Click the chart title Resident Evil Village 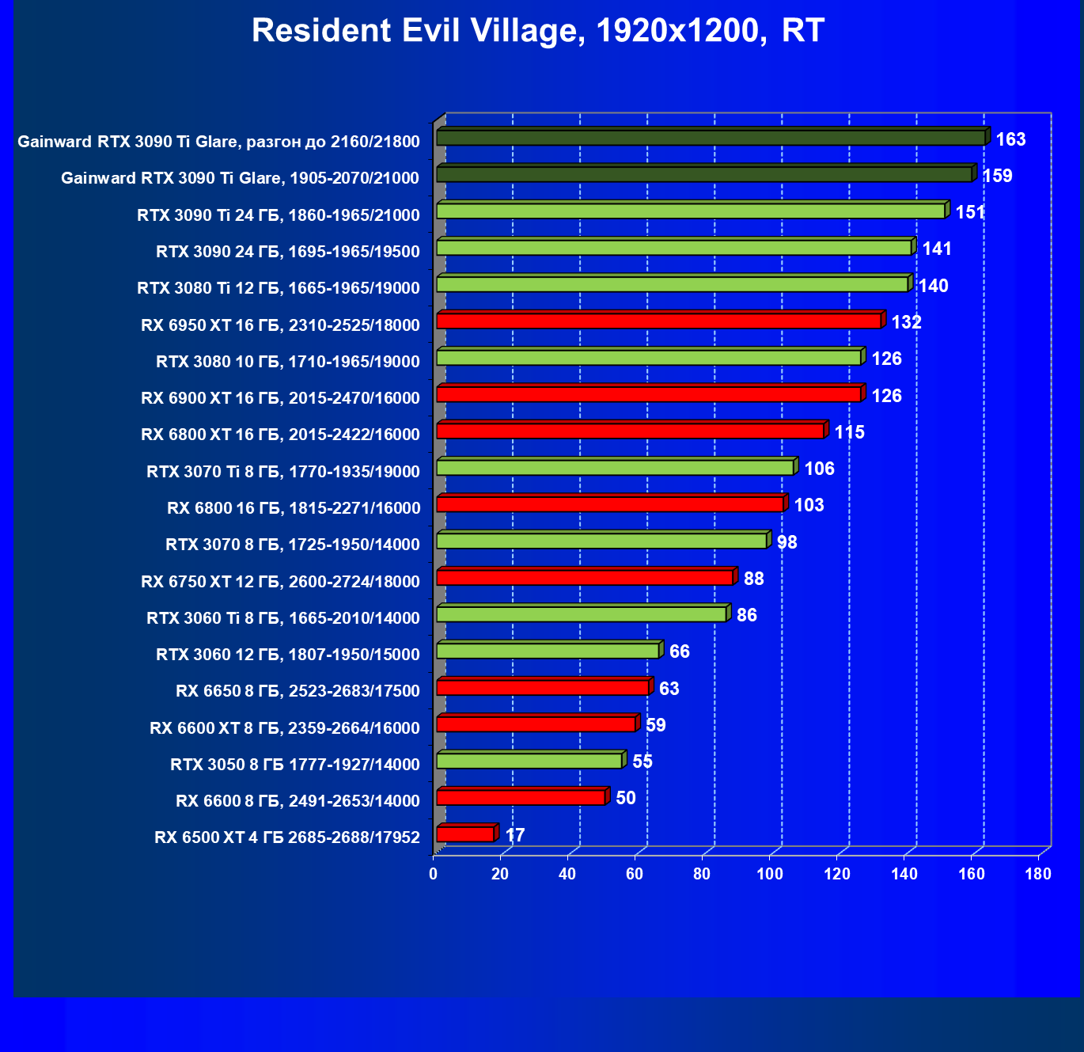538,32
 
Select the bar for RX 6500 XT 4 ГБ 465,834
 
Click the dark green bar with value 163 711,139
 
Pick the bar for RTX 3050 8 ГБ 529,761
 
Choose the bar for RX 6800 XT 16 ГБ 630,431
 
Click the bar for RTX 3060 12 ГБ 548,651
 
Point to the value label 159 997,176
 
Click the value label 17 515,835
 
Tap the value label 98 787,542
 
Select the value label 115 850,432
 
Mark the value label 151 970,212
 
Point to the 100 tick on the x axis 770,874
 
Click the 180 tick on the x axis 1038,874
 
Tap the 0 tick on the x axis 433,874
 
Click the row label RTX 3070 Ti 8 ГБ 283,472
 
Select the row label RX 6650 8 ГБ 298,691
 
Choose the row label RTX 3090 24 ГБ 288,252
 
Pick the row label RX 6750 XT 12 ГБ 280,582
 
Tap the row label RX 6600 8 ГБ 298,801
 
